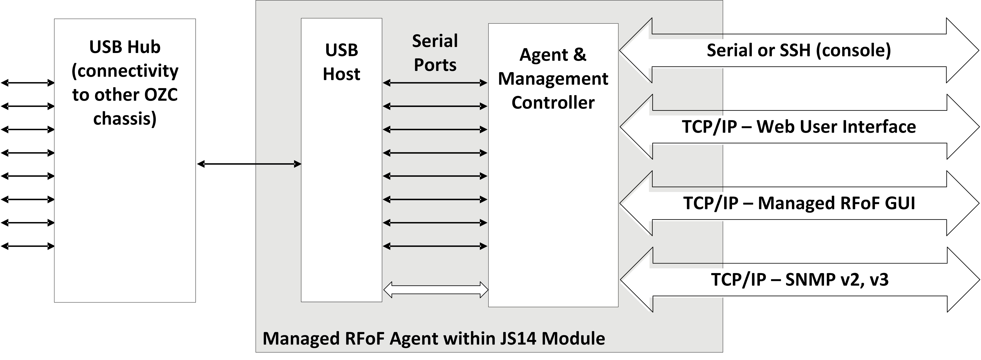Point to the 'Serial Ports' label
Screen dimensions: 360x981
[435, 53]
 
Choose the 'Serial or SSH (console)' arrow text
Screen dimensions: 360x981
[799, 50]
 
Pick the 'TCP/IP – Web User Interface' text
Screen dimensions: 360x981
[799, 127]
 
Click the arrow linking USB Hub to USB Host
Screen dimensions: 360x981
[249, 164]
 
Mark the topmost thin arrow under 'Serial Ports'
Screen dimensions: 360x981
[435, 83]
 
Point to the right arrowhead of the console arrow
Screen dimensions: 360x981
[963, 50]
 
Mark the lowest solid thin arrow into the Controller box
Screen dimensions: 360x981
[435, 246]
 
